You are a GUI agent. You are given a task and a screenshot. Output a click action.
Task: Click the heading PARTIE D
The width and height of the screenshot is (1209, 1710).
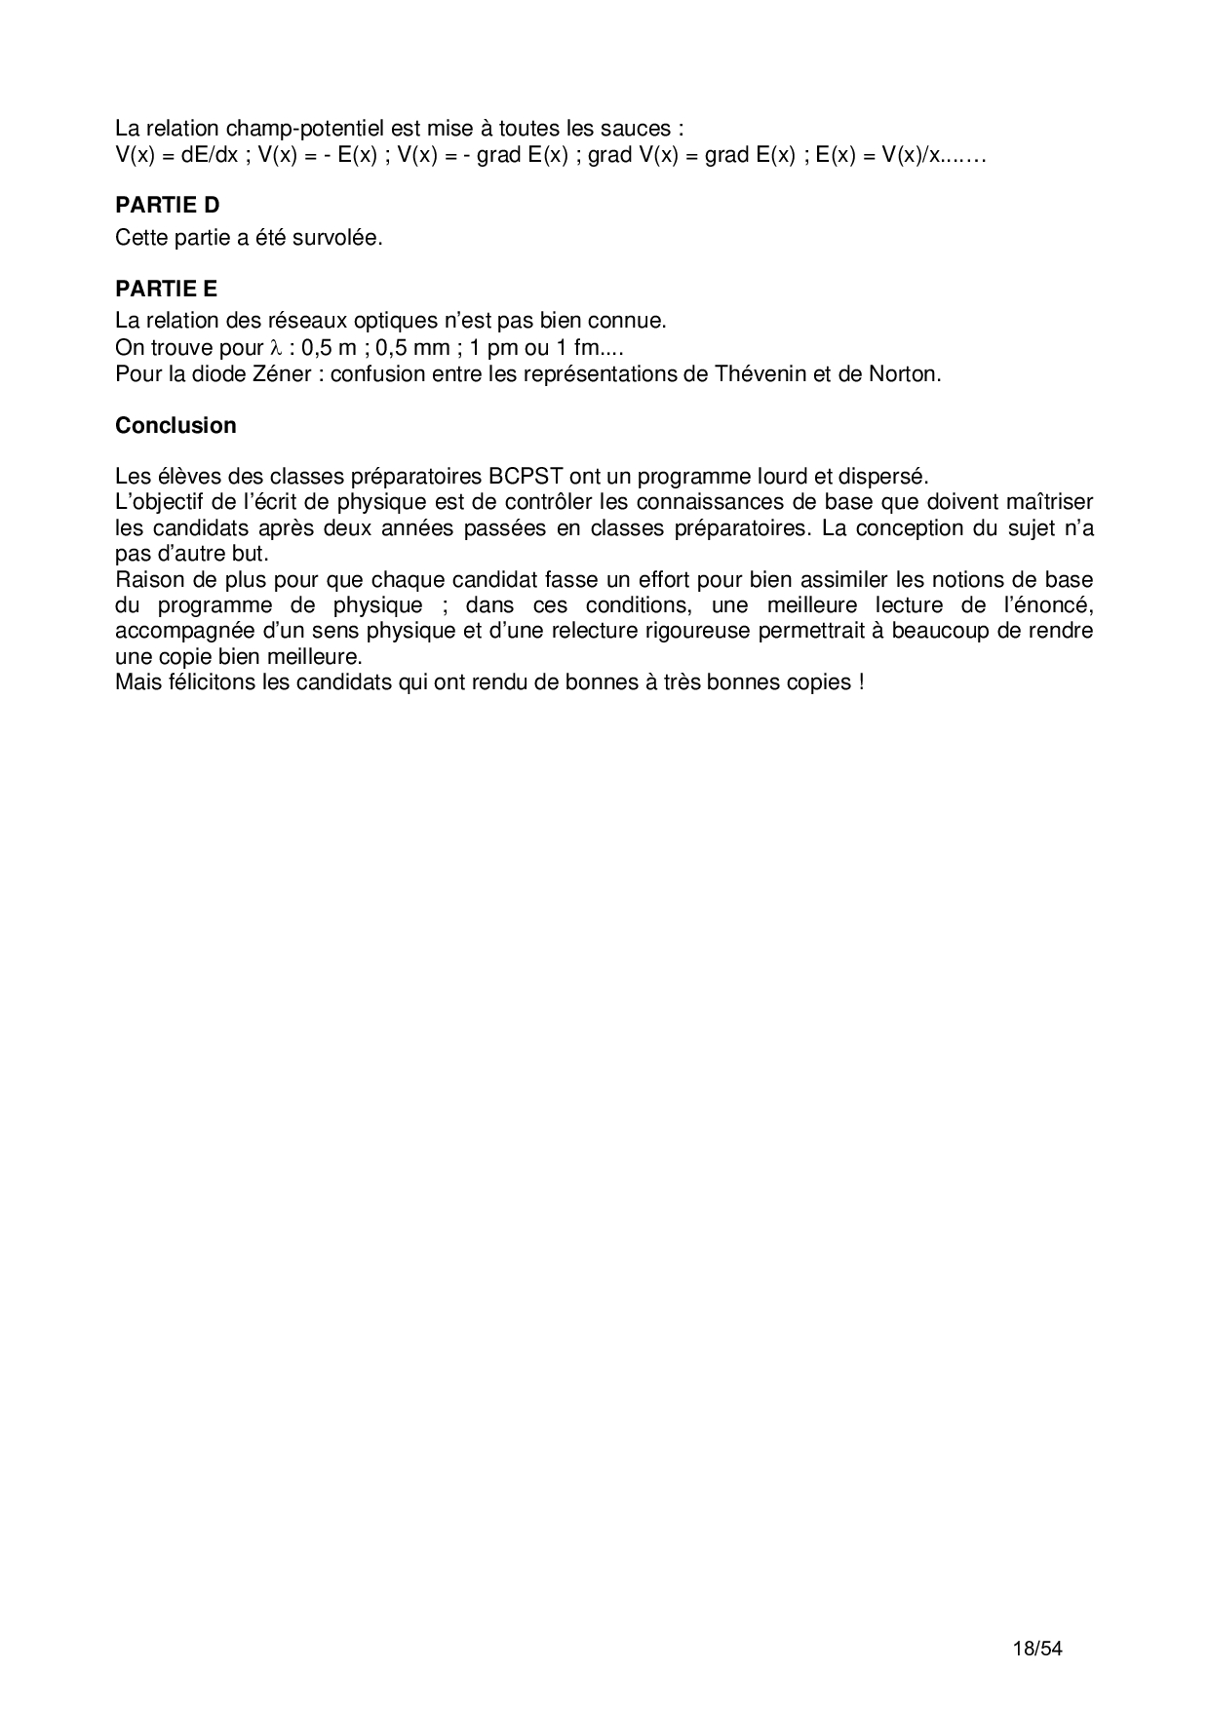167,205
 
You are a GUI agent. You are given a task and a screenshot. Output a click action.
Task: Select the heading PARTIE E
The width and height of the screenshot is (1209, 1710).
166,289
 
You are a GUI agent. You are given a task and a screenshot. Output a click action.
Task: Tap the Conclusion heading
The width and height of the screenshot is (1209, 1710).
175,426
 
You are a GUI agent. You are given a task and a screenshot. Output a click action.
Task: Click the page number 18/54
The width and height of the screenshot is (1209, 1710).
1037,1650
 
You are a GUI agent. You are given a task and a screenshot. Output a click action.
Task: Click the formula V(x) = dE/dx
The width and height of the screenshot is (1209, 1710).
176,155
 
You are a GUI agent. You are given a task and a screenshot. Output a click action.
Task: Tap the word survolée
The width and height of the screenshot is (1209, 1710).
340,238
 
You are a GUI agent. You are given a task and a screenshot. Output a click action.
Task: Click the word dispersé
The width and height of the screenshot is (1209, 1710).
887,477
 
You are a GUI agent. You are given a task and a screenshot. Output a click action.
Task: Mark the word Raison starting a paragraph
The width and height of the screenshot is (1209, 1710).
146,579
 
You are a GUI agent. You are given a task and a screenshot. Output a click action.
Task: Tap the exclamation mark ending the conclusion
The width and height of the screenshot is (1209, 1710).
861,681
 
